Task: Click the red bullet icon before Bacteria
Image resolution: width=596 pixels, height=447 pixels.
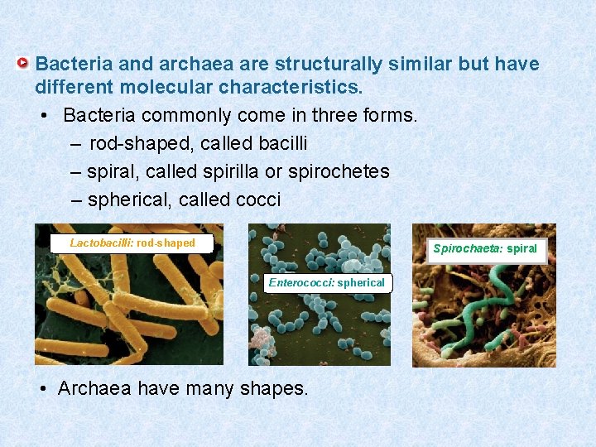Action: [26, 63]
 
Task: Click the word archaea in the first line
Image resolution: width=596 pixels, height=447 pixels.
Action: [187, 64]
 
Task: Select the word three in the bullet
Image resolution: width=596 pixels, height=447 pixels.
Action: [331, 115]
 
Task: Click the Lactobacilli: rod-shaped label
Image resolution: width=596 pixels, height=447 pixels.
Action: [132, 243]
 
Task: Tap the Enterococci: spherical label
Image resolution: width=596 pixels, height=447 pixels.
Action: [326, 282]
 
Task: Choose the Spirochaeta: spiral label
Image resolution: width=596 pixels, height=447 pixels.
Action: [485, 248]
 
